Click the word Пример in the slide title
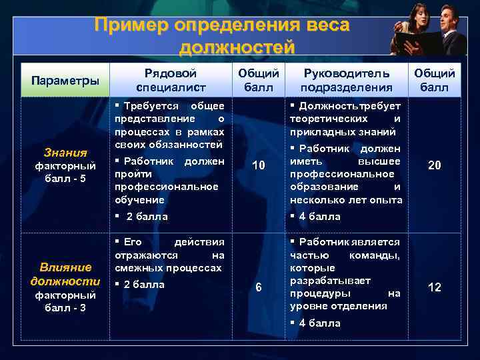click(131, 25)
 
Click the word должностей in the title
click(237, 47)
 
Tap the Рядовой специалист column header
click(171, 80)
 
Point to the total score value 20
click(434, 165)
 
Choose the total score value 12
click(434, 287)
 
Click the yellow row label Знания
click(65, 153)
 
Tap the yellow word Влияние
click(65, 267)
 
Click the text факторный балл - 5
click(65, 171)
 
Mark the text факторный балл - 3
click(65, 301)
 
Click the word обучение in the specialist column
click(139, 199)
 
